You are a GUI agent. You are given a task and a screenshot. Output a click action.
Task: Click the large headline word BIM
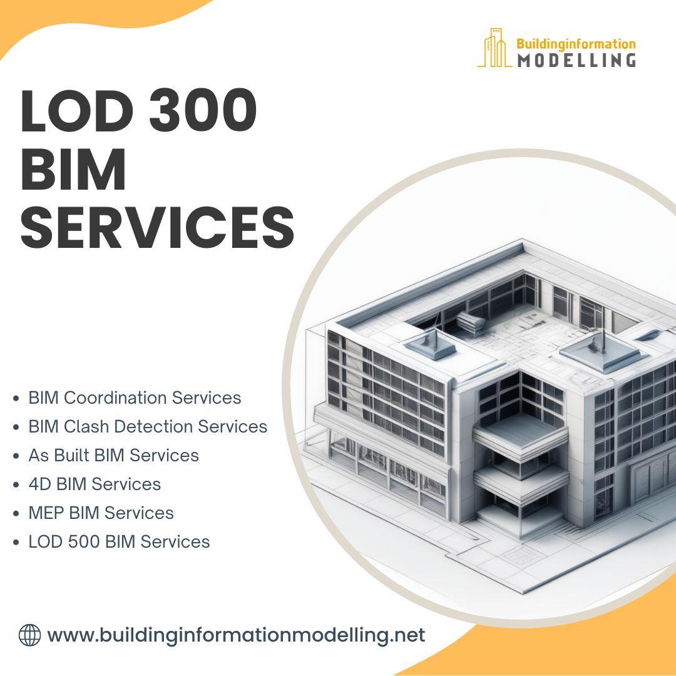point(74,170)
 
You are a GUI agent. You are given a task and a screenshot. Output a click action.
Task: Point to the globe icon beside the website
point(29,635)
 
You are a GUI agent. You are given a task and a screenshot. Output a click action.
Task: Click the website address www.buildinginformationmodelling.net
point(236,635)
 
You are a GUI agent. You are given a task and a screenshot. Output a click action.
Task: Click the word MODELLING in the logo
point(576,60)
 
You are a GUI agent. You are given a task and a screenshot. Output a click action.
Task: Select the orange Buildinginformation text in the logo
point(575,44)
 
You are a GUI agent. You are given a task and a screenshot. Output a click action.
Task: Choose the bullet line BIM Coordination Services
point(135,397)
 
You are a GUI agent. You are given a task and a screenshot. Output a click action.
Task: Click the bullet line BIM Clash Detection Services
point(148,426)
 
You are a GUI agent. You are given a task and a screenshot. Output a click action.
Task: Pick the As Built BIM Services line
point(113,455)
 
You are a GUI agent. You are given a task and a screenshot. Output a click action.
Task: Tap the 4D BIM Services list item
point(95,484)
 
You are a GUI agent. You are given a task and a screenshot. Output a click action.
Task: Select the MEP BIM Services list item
point(101,513)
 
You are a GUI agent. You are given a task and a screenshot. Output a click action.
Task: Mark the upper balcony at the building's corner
point(520,432)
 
